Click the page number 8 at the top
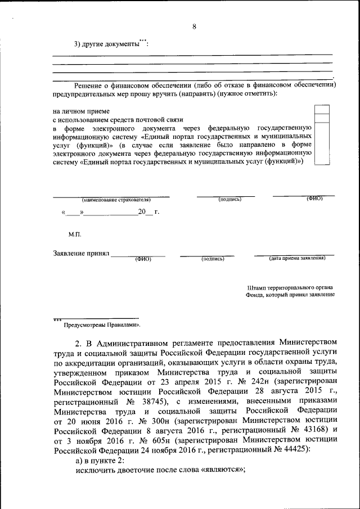(193, 26)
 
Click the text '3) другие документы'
(106, 44)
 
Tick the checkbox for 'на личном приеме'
(322, 109)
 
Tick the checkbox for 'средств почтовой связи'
(322, 119)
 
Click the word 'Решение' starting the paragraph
(89, 84)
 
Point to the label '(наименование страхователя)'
(116, 200)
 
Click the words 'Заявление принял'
(81, 254)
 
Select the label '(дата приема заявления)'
(297, 258)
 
